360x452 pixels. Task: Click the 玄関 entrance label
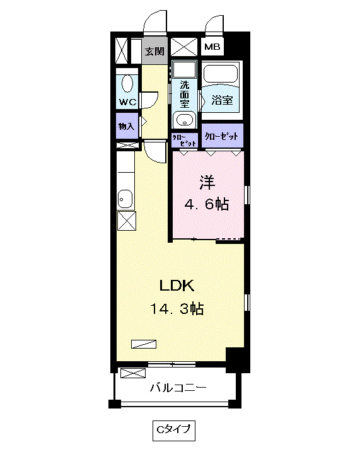153,51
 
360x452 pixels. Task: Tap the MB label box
211,47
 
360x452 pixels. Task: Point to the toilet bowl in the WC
127,83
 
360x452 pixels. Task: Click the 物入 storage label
126,126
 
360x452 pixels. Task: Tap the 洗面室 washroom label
185,93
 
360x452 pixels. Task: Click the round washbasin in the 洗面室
184,120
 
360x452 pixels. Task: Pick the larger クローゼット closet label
222,136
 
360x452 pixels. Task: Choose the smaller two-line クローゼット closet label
184,139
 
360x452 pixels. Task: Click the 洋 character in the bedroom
207,182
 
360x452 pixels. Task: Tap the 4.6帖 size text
207,204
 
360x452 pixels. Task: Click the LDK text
176,286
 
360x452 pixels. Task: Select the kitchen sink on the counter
125,199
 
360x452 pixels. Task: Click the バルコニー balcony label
177,387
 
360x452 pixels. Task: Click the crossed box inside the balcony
132,373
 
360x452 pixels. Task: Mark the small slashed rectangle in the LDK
143,344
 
